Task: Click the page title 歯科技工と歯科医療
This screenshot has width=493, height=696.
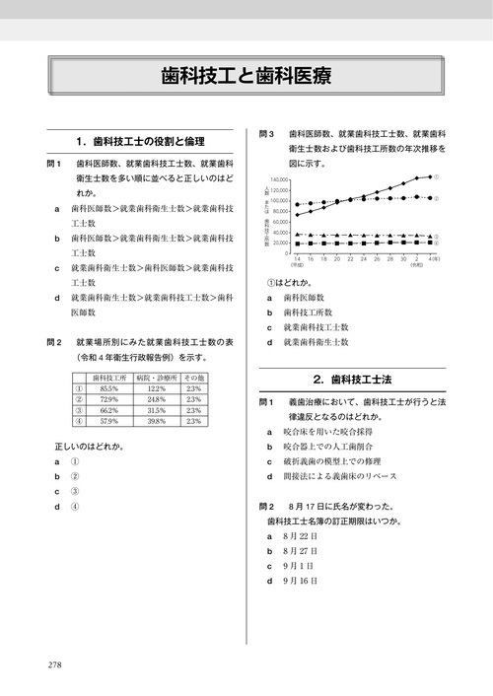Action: (x=246, y=77)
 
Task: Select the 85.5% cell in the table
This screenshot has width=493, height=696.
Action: (x=108, y=388)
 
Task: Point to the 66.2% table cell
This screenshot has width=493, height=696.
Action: (x=108, y=410)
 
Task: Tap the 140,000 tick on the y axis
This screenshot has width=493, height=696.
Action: (x=279, y=179)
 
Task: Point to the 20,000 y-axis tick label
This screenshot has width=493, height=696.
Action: (x=280, y=243)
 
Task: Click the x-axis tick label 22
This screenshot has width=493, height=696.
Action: (x=336, y=259)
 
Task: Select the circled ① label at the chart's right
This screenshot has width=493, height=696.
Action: (x=436, y=176)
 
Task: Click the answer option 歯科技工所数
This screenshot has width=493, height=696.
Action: (x=311, y=311)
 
